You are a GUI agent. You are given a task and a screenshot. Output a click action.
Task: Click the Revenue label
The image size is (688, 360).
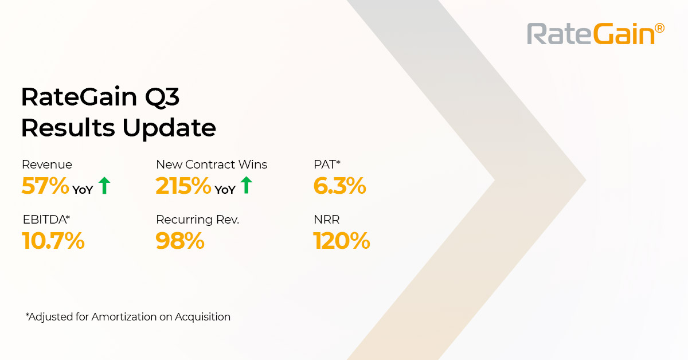click(47, 165)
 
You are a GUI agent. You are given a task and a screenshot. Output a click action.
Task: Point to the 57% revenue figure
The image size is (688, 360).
click(45, 186)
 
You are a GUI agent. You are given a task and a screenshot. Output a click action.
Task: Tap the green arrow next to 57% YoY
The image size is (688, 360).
click(104, 186)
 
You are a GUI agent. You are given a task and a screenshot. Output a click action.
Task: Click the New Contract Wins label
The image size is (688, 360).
click(212, 165)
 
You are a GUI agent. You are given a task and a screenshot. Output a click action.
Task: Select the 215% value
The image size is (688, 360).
click(183, 186)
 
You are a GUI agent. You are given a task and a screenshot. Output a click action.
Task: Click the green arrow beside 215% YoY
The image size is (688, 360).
click(246, 185)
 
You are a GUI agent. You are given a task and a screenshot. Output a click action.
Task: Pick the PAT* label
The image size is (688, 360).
click(327, 165)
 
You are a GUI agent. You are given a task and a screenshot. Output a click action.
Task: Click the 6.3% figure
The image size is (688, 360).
click(339, 186)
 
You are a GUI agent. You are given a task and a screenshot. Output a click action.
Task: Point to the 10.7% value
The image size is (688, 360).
click(53, 241)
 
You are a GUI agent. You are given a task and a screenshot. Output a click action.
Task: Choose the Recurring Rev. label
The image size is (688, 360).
click(197, 220)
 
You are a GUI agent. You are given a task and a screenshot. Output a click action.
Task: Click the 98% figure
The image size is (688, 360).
click(180, 241)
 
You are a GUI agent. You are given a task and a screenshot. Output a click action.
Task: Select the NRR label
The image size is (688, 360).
click(326, 220)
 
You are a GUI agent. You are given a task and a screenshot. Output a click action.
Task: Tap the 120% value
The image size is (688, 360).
click(342, 241)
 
